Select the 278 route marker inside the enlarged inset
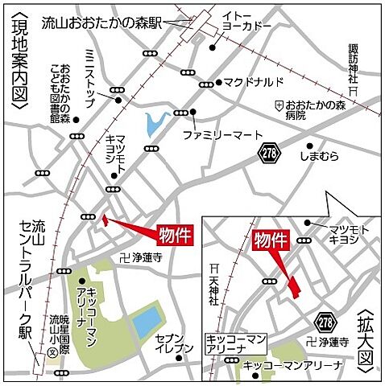(325, 322)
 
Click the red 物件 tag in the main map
(175, 233)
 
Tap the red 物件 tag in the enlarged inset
(271, 240)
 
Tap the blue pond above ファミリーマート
(154, 124)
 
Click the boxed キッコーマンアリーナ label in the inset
(235, 344)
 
